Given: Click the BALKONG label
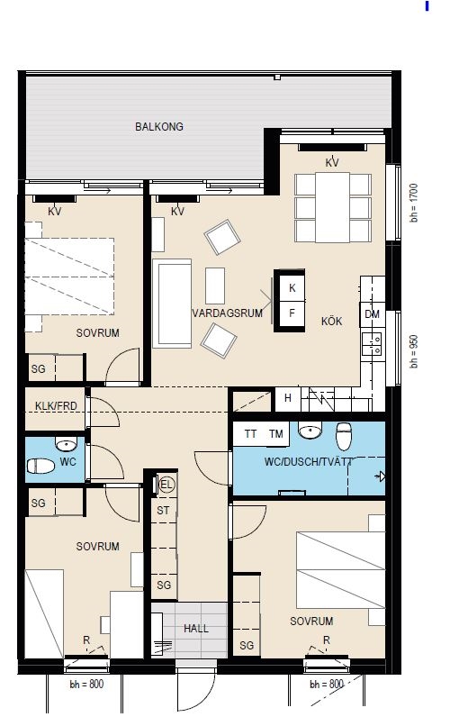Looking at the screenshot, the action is click(159, 126).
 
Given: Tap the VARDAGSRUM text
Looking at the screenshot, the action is click(227, 313).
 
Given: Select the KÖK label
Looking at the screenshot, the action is click(331, 321).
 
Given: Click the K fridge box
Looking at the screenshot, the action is click(292, 287).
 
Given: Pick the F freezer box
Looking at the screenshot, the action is click(292, 313).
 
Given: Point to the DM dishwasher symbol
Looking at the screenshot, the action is click(373, 314).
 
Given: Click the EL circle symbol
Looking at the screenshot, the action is click(166, 485).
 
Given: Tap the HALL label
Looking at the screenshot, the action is click(195, 629).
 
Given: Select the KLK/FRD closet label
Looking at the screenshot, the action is click(56, 406).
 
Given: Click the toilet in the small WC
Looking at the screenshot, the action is click(40, 466).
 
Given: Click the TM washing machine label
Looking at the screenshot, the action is click(276, 434).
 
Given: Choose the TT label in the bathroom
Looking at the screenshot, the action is click(250, 434).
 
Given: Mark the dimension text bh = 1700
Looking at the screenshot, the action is click(413, 203).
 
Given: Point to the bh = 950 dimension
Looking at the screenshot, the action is click(413, 351).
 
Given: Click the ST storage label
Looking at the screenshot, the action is click(163, 511).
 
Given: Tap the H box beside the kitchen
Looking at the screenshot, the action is click(288, 398).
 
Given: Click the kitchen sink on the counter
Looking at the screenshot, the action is click(373, 343).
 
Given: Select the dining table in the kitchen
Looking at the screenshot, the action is click(332, 207).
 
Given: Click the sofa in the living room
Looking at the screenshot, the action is click(172, 304).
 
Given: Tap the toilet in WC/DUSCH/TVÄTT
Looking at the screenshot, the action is click(344, 436).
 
